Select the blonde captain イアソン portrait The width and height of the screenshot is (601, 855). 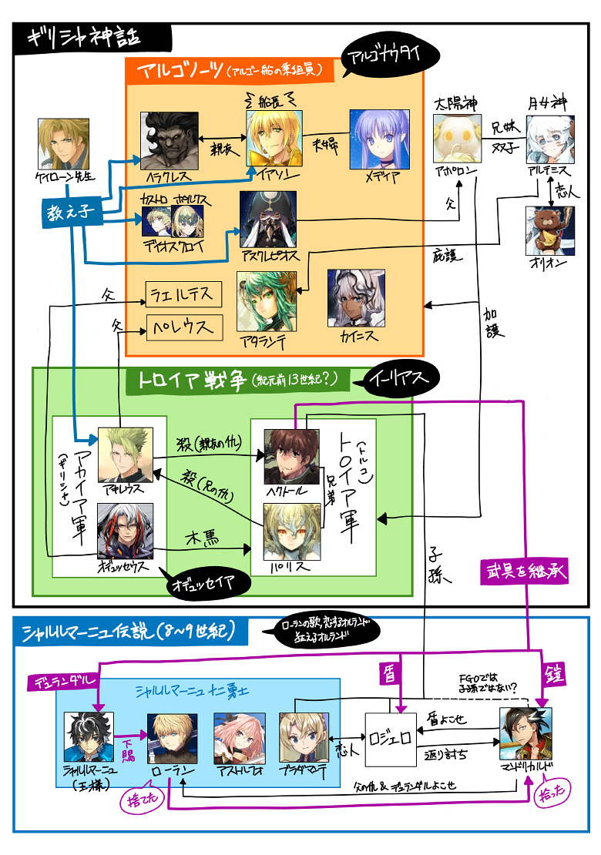pyautogui.click(x=274, y=139)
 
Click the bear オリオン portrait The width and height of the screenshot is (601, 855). pyautogui.click(x=549, y=231)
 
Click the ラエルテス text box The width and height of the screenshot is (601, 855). pyautogui.click(x=184, y=293)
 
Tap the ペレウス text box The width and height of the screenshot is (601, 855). pyautogui.click(x=184, y=327)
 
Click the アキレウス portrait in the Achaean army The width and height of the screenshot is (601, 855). pyautogui.click(x=126, y=456)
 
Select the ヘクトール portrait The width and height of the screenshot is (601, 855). pyautogui.click(x=291, y=458)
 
